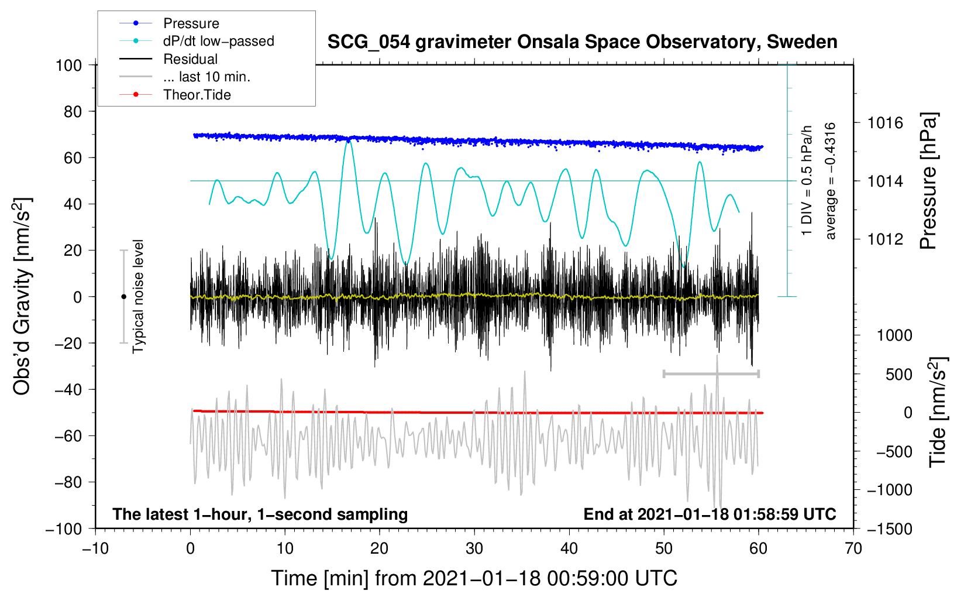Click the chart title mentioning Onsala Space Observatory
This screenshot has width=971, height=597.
[x=582, y=42]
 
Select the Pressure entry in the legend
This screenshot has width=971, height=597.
[x=191, y=23]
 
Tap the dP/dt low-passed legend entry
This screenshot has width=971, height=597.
[x=218, y=41]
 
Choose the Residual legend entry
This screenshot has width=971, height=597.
[x=190, y=59]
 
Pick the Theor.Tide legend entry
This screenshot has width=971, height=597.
[x=197, y=95]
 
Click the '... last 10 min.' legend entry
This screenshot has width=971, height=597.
[x=206, y=77]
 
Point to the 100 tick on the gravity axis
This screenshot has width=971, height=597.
[x=68, y=65]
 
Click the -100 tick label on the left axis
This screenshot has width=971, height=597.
[x=64, y=529]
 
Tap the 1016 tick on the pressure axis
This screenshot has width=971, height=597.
[x=885, y=123]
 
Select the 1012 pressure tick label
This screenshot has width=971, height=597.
[x=885, y=239]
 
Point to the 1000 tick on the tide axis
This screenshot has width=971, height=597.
[x=894, y=335]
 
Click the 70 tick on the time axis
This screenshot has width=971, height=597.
[x=853, y=548]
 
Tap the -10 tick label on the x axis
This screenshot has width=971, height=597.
[x=95, y=548]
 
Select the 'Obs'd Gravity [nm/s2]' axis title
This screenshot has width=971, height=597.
[x=22, y=297]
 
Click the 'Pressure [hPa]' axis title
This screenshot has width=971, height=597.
[x=928, y=181]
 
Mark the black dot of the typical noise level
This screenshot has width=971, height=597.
[x=123, y=297]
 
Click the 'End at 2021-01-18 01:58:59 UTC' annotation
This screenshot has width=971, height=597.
[x=710, y=514]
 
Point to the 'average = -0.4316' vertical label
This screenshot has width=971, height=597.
[x=831, y=181]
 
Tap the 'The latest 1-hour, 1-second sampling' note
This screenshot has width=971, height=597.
[x=260, y=514]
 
